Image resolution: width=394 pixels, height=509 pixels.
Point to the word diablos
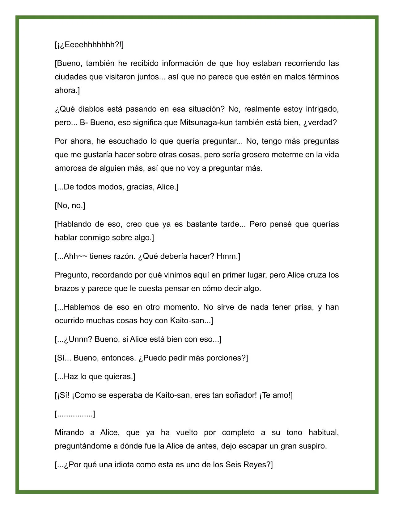point(90,109)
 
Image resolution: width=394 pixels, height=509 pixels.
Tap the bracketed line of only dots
point(75,414)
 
